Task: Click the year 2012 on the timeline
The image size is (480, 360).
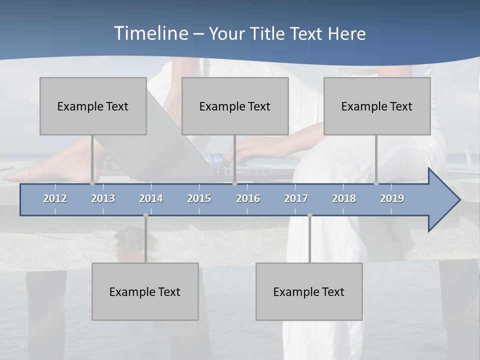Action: (x=55, y=198)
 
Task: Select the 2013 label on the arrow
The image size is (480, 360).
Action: (x=103, y=198)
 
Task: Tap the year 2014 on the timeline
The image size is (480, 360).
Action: (x=151, y=198)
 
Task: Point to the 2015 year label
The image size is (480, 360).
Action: (x=199, y=198)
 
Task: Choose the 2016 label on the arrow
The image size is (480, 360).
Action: (x=248, y=198)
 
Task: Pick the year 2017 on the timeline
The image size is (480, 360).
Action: (x=296, y=198)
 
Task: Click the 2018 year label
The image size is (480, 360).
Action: (x=344, y=198)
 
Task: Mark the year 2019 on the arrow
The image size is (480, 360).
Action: (x=392, y=198)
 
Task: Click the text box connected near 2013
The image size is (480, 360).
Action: (x=93, y=106)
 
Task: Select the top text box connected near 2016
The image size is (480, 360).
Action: (x=235, y=106)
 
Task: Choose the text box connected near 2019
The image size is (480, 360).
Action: (x=377, y=106)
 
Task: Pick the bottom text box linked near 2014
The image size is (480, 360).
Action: (x=145, y=291)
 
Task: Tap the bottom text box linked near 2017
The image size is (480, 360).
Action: (x=309, y=291)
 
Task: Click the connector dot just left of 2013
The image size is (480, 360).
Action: (x=92, y=183)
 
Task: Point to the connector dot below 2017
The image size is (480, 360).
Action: (x=309, y=215)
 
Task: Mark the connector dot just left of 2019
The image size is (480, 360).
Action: (x=376, y=183)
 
